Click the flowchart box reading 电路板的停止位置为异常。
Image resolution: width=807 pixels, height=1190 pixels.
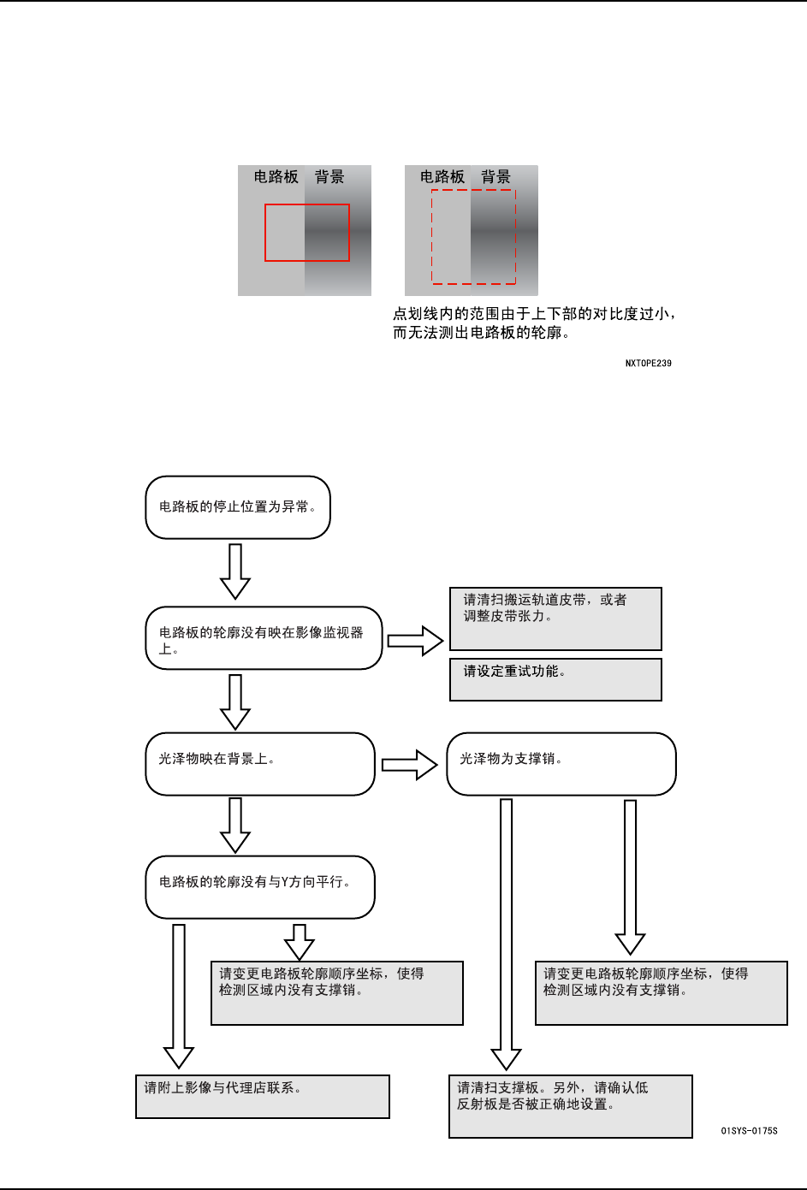point(238,507)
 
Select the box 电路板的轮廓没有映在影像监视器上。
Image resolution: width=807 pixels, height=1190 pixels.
point(264,638)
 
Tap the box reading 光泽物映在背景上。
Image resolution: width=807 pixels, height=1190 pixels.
point(260,764)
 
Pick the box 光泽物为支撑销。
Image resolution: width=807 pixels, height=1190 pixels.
point(561,764)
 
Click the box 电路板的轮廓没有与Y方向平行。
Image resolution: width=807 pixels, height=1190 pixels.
point(260,887)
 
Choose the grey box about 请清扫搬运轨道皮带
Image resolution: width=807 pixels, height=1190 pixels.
point(555,619)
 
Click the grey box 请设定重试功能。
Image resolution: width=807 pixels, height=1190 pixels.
point(555,679)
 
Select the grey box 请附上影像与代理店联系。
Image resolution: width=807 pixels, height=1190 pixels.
point(262,1097)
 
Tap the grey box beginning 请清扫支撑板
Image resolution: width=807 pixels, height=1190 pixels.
point(570,1106)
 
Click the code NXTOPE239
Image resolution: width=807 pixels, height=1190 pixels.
point(648,364)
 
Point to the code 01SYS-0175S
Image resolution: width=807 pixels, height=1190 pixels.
point(749,1131)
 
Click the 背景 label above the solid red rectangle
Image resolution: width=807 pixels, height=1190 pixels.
point(329,177)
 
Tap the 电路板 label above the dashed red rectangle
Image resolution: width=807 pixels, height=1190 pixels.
point(442,177)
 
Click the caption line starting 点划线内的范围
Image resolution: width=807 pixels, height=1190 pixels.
point(534,314)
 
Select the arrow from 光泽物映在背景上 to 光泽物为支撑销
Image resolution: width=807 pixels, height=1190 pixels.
point(410,765)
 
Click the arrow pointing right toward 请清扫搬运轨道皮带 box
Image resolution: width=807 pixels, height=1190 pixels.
point(416,641)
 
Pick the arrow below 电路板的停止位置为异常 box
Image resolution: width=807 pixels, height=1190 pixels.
point(235,571)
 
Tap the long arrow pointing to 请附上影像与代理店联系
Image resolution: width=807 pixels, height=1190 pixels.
point(179,997)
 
